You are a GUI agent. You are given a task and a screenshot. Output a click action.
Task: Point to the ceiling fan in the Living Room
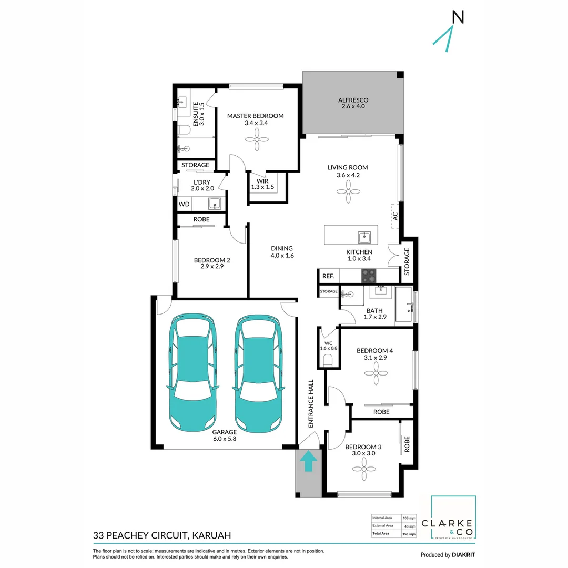[x=348, y=192]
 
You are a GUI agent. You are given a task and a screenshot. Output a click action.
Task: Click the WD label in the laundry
[x=184, y=204]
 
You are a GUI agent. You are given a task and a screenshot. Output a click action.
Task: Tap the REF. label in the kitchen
[x=328, y=276]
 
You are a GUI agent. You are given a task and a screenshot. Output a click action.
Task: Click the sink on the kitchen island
[x=364, y=235]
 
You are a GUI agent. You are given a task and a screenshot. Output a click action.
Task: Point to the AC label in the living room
[x=395, y=216]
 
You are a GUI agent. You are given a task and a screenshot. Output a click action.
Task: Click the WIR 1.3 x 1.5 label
[x=261, y=184]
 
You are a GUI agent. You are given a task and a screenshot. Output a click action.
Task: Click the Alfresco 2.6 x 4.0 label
[x=352, y=103]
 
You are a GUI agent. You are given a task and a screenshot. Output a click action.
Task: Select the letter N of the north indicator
[x=458, y=17]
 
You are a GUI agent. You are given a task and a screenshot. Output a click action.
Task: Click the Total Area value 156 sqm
[x=409, y=534]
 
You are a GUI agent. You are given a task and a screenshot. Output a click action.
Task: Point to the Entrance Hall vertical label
[x=311, y=403]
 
